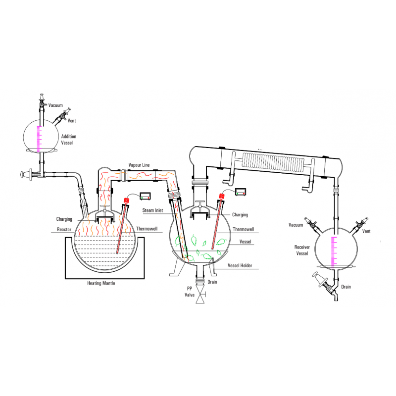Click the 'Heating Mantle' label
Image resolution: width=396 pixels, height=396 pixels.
tap(101, 283)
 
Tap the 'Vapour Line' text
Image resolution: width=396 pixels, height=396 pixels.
tap(139, 165)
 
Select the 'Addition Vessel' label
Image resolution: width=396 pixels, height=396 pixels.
tap(68, 140)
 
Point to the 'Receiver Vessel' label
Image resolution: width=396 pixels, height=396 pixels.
tap(302, 250)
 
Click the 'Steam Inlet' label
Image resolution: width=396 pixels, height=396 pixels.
tap(152, 210)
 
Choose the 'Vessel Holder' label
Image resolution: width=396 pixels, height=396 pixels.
tap(240, 265)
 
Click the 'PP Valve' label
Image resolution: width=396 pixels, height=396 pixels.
tap(190, 292)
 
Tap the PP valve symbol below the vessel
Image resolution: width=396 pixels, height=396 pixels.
tap(200, 295)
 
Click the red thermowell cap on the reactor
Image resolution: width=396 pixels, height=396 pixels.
tap(126, 201)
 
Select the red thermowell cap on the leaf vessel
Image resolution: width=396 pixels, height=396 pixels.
tap(222, 196)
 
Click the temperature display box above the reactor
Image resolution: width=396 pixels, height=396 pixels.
tap(145, 196)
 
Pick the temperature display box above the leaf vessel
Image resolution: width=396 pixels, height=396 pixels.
tap(241, 192)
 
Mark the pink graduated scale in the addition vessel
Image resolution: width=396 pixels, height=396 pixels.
tap(39, 140)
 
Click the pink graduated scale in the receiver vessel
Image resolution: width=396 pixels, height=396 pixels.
tap(334, 252)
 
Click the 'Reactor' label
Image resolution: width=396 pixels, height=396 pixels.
tap(64, 229)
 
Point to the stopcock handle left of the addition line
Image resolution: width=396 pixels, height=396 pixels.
tap(26, 174)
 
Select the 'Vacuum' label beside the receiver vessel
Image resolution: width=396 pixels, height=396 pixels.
tap(296, 225)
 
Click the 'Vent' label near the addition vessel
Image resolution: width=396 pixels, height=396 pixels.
tap(72, 121)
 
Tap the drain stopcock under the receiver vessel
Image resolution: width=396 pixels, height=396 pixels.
tap(324, 283)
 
